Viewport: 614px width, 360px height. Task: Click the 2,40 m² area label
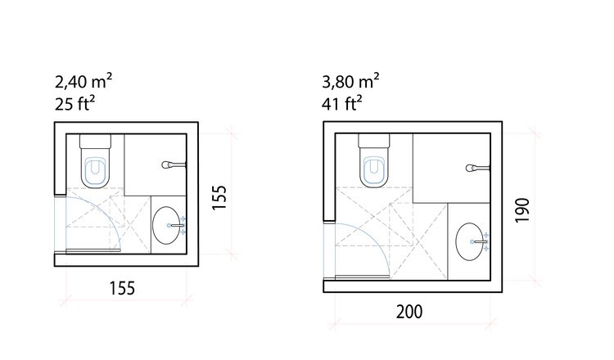pyautogui.click(x=84, y=81)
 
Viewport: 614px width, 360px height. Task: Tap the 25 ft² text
pyautogui.click(x=74, y=103)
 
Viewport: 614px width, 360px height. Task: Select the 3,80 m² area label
pyautogui.click(x=350, y=81)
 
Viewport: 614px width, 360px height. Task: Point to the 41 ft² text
pyautogui.click(x=342, y=103)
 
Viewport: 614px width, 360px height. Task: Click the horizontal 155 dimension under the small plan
pyautogui.click(x=122, y=288)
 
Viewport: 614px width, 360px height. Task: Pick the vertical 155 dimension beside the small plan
pyautogui.click(x=219, y=197)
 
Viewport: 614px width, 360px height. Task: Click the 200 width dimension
pyautogui.click(x=409, y=312)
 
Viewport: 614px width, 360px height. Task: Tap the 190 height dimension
pyautogui.click(x=522, y=210)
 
